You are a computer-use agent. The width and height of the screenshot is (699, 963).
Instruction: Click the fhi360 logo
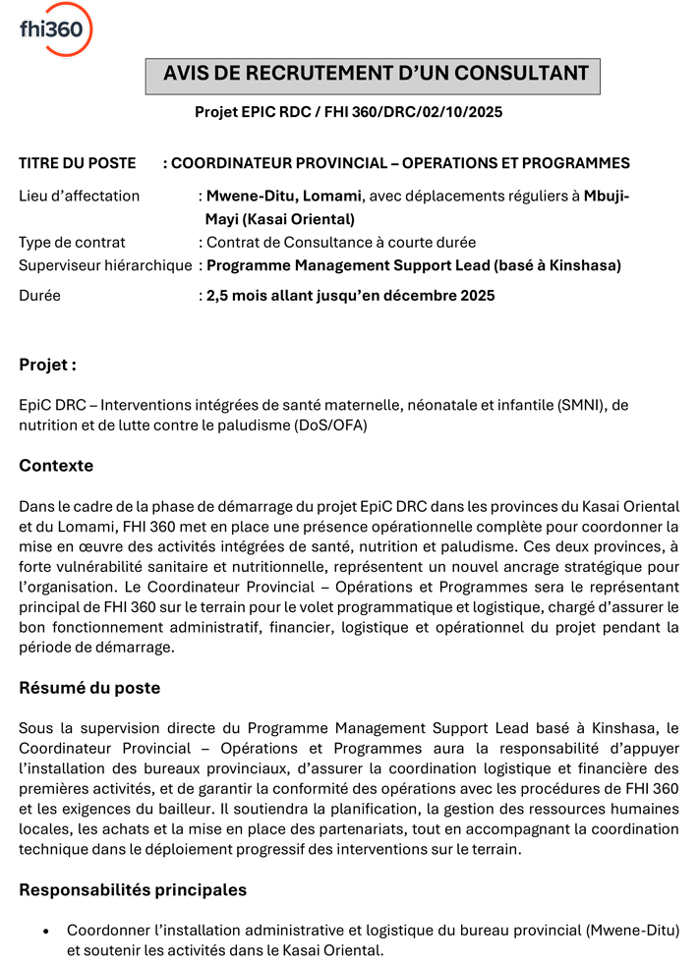56,28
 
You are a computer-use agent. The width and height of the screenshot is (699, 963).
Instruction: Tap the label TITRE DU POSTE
78,163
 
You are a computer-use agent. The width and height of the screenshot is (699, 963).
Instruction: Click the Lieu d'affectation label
80,196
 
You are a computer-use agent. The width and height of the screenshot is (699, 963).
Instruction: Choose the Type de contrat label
72,242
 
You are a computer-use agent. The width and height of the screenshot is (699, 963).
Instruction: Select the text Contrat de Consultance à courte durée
341,242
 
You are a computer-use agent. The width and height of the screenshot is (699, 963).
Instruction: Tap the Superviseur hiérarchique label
105,265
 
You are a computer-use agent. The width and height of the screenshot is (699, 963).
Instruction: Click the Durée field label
39,295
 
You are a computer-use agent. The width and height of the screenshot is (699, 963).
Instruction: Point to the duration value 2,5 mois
239,295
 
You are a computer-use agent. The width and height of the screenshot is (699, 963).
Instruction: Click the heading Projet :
47,365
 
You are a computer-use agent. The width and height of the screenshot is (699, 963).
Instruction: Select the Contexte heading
56,465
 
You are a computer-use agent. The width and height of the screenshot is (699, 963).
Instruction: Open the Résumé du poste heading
89,688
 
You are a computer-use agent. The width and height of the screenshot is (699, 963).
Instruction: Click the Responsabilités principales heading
133,890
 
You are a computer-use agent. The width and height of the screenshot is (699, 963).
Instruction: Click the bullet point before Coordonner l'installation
46,930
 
